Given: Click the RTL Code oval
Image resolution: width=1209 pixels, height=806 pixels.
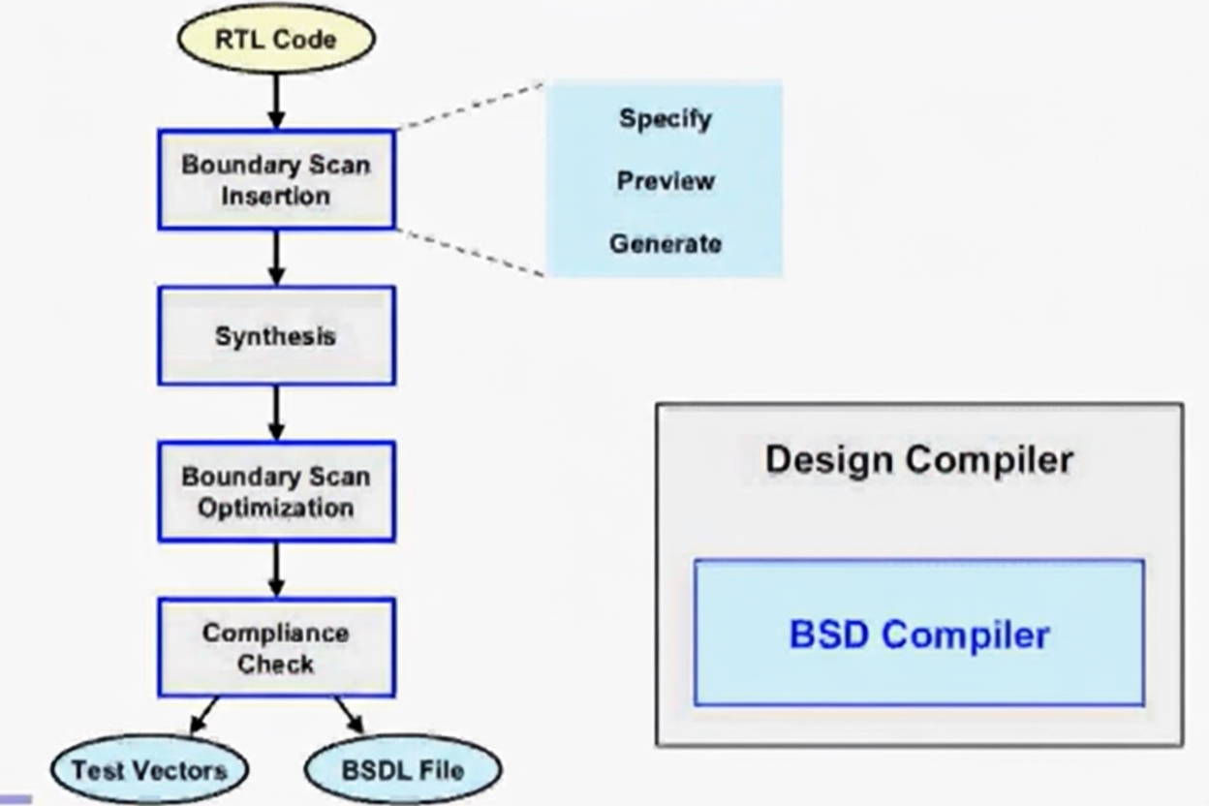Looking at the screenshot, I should pyautogui.click(x=276, y=39).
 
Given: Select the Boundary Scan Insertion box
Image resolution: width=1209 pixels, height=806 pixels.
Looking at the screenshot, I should pyautogui.click(x=276, y=180).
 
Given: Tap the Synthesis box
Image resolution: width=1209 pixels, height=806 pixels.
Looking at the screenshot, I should pyautogui.click(x=276, y=336).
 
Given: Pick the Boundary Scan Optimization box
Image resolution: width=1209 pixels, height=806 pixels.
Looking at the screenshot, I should pyautogui.click(x=276, y=491).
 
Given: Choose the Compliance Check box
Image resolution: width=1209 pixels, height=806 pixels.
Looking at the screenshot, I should pyautogui.click(x=276, y=647).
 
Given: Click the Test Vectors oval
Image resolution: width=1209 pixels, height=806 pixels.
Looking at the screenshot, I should pyautogui.click(x=149, y=770).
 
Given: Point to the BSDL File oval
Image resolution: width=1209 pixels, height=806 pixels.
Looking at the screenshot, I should pyautogui.click(x=402, y=771).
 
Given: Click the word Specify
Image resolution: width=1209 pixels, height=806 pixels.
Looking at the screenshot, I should pyautogui.click(x=665, y=119).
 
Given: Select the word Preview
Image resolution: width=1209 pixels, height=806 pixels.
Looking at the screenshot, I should pyautogui.click(x=666, y=181).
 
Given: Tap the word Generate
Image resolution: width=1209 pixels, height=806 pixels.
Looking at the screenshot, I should pyautogui.click(x=665, y=243).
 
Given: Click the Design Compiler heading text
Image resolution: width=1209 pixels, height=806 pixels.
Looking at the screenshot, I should pyautogui.click(x=918, y=458).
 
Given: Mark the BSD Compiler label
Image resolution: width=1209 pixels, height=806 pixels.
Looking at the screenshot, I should pyautogui.click(x=918, y=635).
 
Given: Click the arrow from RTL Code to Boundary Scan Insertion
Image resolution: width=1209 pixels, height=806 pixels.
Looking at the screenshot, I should pyautogui.click(x=276, y=101).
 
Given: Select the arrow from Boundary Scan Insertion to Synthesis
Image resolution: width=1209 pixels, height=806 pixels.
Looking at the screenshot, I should pyautogui.click(x=276, y=258).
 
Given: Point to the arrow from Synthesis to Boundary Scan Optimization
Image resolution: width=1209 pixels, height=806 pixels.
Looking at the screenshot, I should pyautogui.click(x=276, y=414).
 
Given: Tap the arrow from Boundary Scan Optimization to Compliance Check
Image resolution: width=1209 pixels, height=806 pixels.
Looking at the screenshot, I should pyautogui.click(x=276, y=570).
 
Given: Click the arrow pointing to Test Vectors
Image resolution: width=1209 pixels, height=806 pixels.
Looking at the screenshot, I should pyautogui.click(x=204, y=715).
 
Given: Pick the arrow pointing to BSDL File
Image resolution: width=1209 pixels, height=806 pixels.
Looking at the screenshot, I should pyautogui.click(x=349, y=715).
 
